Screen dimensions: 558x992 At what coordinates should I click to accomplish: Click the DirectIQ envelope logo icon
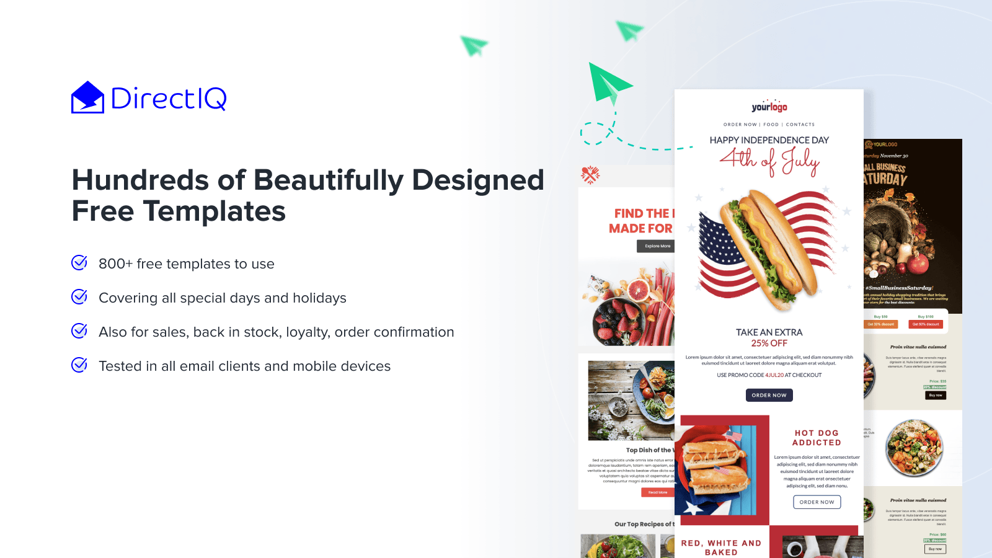[87, 98]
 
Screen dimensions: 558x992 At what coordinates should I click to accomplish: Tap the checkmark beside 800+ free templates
[79, 263]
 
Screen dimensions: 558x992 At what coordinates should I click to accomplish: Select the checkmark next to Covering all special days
[79, 297]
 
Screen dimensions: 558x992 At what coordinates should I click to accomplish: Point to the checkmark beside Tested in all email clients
[79, 365]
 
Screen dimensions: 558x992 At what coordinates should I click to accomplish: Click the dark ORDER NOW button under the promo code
[769, 395]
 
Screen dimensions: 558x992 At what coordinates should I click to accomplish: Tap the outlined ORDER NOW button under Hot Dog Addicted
[817, 502]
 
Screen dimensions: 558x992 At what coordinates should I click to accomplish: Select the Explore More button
[657, 246]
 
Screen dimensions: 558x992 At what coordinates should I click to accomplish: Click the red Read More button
[657, 492]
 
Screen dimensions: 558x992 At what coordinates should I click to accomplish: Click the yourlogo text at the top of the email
[769, 107]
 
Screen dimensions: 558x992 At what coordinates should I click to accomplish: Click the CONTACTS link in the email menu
[800, 125]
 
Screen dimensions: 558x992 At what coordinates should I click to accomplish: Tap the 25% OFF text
[769, 343]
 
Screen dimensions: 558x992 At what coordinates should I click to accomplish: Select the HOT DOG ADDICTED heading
[817, 438]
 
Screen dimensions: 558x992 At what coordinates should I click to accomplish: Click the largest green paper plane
[608, 83]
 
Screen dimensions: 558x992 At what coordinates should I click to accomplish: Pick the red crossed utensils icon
[590, 175]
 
